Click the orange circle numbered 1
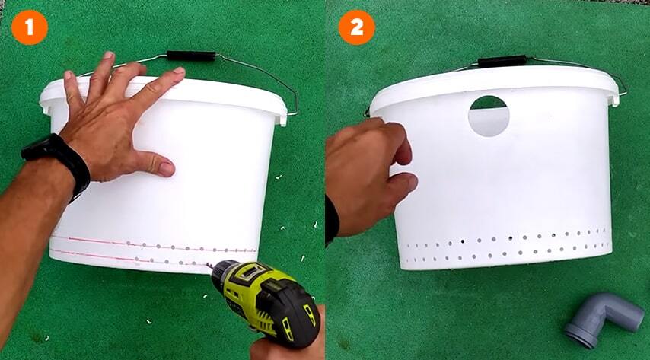(x=30, y=27)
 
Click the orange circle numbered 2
(x=357, y=27)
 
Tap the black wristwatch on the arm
(x=57, y=164)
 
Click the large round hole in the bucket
(x=489, y=116)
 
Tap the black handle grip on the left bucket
(x=191, y=56)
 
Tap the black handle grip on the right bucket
(x=502, y=62)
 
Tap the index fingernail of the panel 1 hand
(x=179, y=71)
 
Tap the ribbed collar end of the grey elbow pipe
(x=579, y=335)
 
